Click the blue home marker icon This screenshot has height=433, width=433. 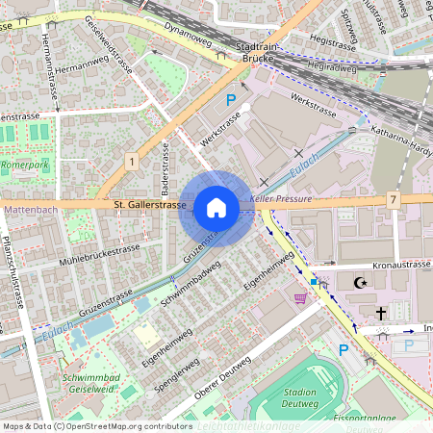(216, 208)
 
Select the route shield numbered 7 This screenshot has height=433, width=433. (394, 198)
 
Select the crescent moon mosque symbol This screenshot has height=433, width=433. (361, 284)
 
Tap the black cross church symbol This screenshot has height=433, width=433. (380, 313)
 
